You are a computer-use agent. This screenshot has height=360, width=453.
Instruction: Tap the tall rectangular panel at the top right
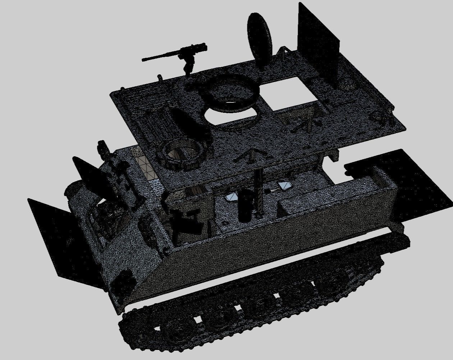[319, 43]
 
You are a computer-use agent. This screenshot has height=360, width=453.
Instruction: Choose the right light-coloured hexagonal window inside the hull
[285, 186]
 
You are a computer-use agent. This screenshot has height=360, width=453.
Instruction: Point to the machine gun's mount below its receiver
[188, 65]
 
